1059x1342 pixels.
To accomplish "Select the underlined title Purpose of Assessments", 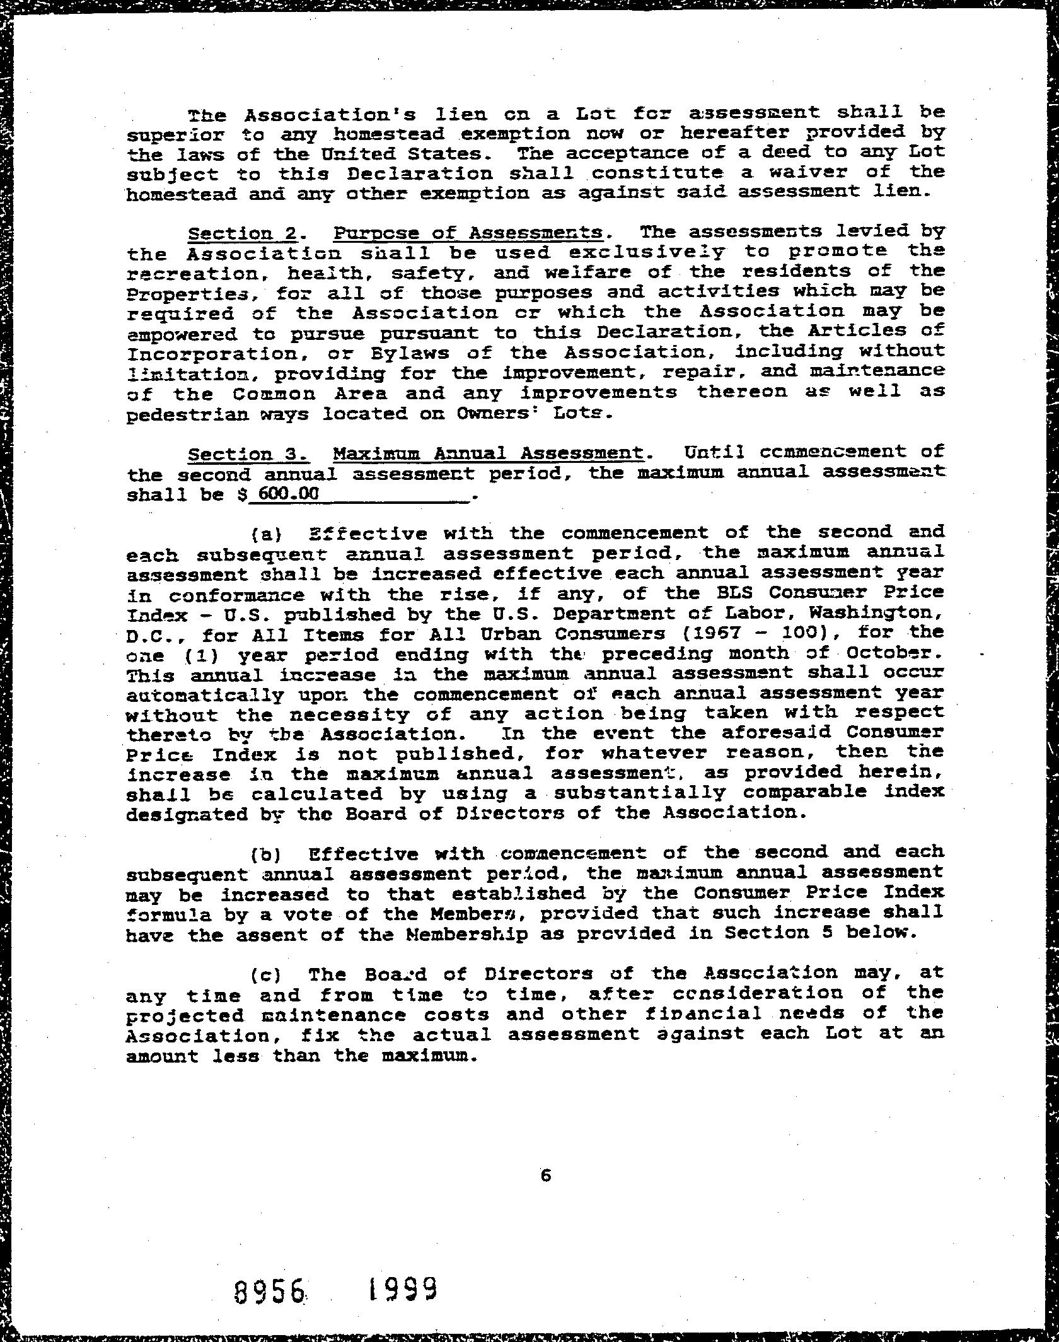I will click(468, 233).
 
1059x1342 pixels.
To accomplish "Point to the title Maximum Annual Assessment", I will click(489, 453).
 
